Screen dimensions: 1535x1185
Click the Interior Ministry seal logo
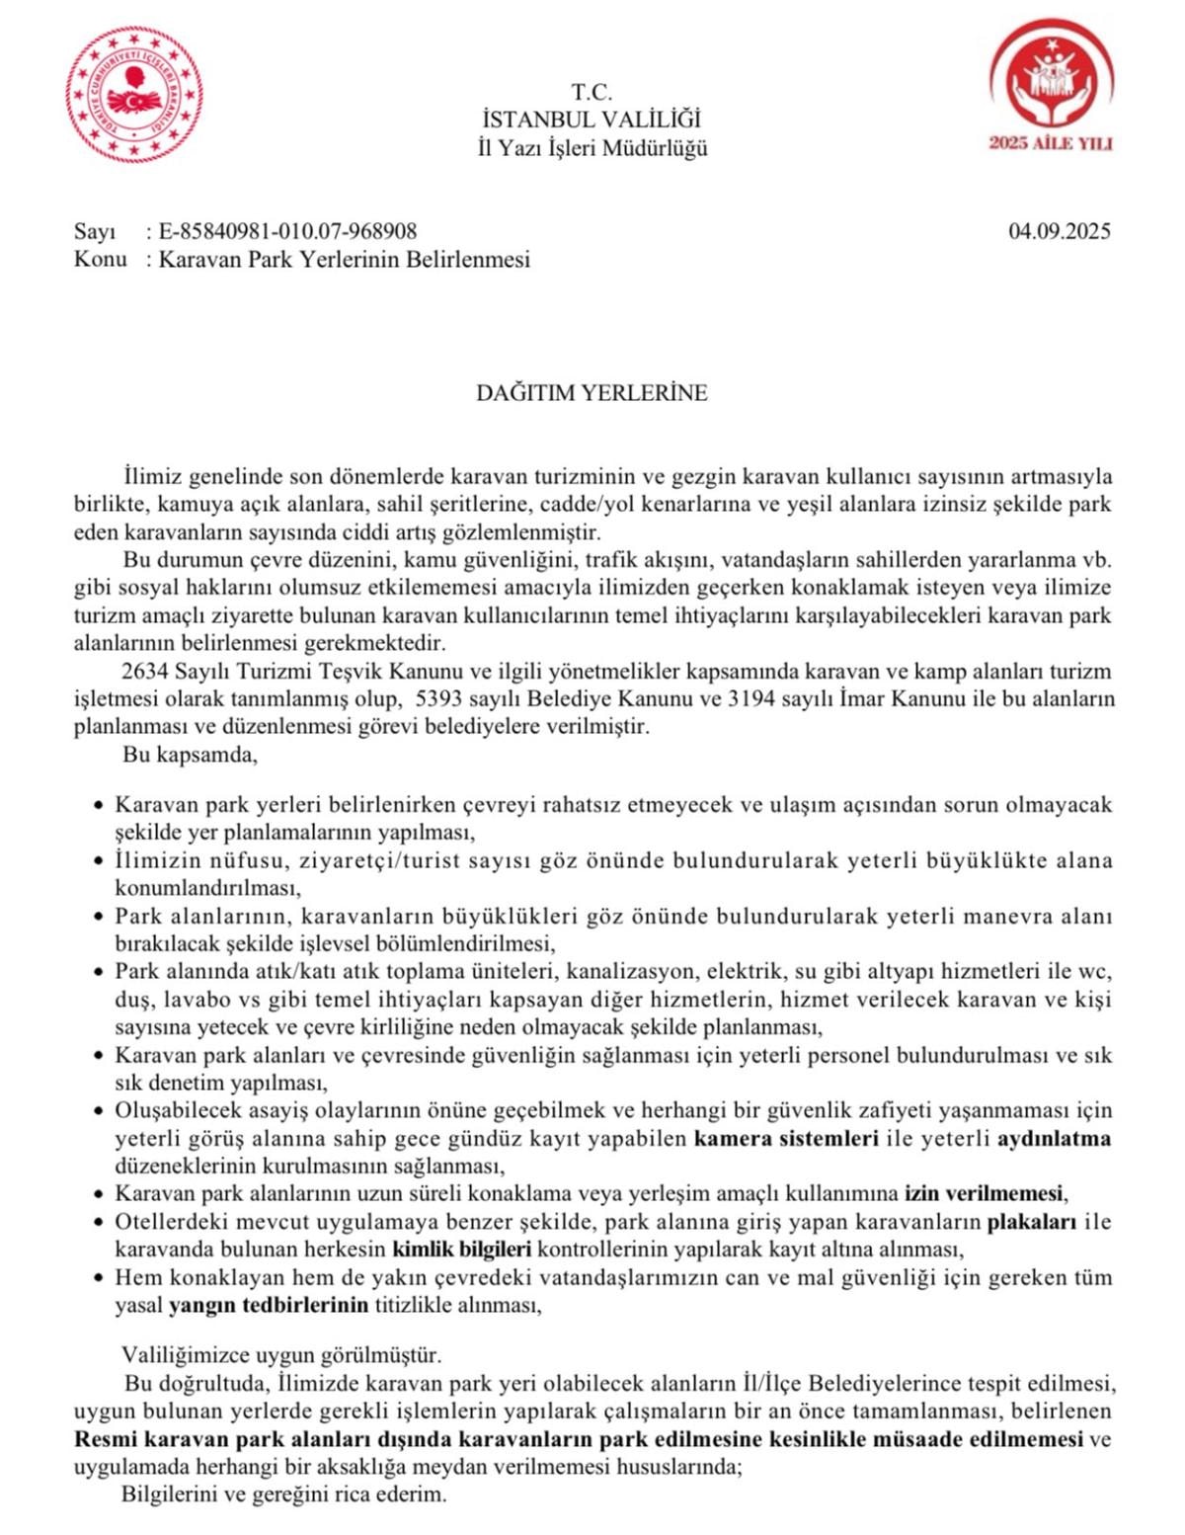pos(135,95)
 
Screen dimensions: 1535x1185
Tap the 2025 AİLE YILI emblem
pos(1051,90)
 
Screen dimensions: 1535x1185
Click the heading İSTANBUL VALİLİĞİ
pos(592,120)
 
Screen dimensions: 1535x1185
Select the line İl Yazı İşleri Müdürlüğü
pos(592,148)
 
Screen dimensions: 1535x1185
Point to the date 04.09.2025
pos(1059,231)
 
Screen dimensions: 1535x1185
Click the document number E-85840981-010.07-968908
pos(287,231)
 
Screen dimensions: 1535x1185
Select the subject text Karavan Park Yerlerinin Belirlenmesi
pos(345,260)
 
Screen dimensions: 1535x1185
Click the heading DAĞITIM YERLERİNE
pos(592,392)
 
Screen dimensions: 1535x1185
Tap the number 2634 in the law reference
pos(145,672)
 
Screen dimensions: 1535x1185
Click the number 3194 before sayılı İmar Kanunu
pos(751,699)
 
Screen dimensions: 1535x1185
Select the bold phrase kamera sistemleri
pos(786,1138)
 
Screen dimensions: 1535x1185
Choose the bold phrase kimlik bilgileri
pos(462,1249)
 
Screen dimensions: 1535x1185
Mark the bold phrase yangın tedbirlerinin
pos(269,1305)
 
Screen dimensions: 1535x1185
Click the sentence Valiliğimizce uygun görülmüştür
pos(281,1354)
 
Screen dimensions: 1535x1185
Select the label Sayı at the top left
pos(95,231)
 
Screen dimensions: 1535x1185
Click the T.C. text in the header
pos(592,92)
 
